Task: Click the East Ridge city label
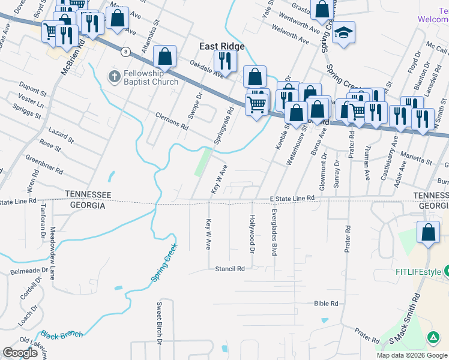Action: coord(221,46)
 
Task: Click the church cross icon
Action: coord(113,77)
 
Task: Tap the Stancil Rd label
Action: coord(230,269)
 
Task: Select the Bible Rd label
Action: coord(326,304)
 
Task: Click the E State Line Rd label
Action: coord(292,198)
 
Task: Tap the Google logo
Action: coord(20,353)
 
